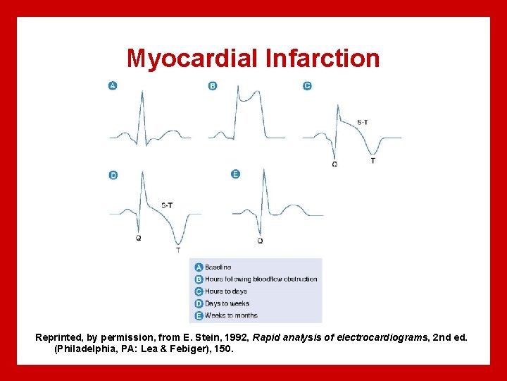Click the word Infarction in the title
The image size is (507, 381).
323,58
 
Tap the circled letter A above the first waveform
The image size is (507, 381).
113,85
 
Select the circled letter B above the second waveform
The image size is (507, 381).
213,85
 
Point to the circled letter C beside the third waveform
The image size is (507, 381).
307,85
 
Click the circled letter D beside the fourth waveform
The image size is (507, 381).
113,175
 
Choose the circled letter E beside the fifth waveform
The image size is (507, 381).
235,174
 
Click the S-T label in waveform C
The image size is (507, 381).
362,123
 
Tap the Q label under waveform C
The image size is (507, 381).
334,164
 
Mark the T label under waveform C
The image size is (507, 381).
373,161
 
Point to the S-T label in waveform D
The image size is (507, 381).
167,205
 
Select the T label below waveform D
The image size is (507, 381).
177,250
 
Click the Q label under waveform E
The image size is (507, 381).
260,241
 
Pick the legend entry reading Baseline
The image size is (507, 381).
218,267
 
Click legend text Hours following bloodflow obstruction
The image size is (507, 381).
261,279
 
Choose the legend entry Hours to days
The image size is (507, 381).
226,291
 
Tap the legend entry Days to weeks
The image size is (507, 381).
227,303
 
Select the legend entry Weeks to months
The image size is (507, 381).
231,315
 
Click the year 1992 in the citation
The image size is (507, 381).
215,338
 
